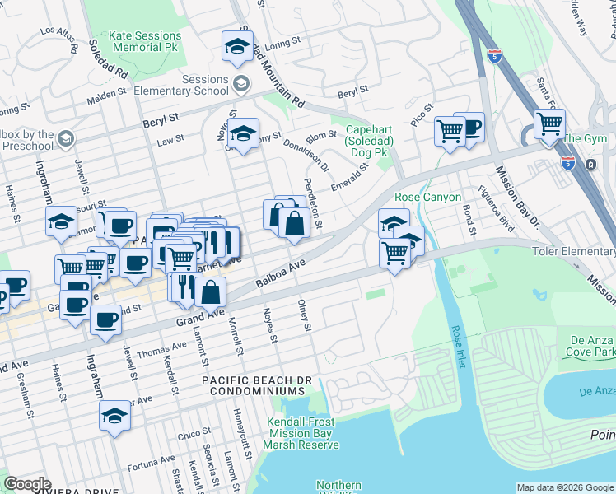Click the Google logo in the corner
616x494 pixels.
click(x=27, y=484)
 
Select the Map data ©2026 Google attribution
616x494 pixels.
click(x=565, y=487)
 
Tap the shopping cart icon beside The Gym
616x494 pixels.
click(x=549, y=124)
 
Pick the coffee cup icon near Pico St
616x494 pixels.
click(x=470, y=128)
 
